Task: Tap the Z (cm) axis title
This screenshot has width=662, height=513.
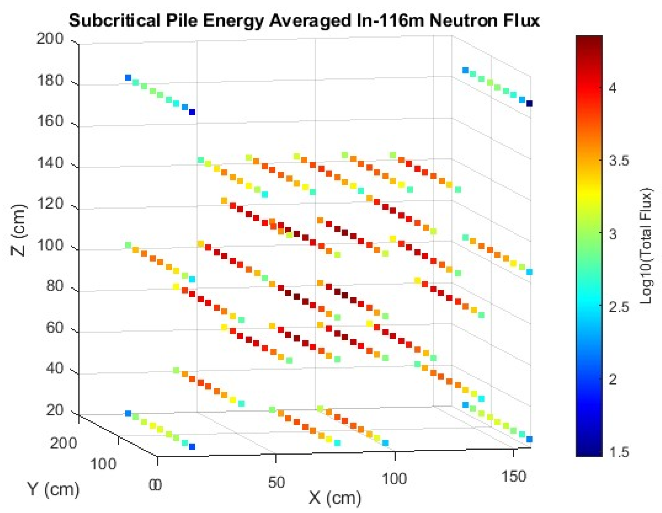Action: (19, 230)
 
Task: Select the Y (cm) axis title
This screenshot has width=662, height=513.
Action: (53, 488)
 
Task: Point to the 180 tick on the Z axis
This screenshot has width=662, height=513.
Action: (50, 81)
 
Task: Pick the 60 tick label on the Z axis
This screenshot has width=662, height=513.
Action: (55, 328)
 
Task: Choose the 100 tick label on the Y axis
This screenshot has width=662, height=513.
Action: (103, 464)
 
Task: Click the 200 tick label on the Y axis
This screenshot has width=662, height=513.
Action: (64, 443)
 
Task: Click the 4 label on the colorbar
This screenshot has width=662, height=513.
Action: (613, 88)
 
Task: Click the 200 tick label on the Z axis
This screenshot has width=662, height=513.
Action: (50, 39)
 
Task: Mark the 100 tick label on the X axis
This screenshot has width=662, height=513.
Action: (394, 479)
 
